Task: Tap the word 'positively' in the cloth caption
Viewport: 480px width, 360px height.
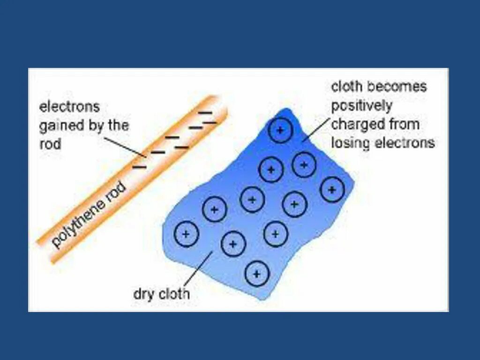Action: (361, 106)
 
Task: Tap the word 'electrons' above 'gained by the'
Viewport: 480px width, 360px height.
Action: (69, 107)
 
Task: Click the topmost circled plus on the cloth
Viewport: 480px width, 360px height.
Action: (280, 130)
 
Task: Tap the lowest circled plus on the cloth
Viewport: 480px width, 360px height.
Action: (257, 273)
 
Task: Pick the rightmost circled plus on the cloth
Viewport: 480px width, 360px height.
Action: (332, 190)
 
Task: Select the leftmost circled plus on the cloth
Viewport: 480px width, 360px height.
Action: (186, 233)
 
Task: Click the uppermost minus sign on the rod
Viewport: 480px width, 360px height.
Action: (205, 112)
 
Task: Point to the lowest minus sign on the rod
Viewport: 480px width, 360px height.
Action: (139, 166)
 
